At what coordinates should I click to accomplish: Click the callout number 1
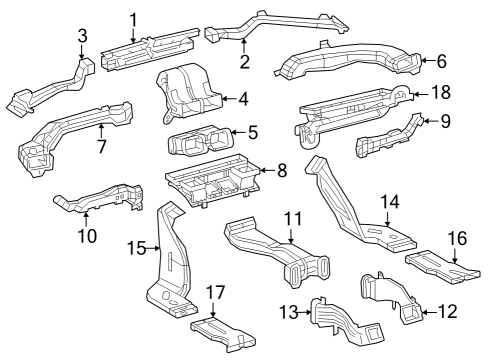click(x=133, y=17)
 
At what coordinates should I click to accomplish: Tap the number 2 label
click(x=244, y=61)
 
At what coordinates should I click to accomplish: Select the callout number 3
click(x=83, y=36)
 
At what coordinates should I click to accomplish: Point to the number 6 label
click(x=441, y=61)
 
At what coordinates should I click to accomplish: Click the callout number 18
click(x=440, y=92)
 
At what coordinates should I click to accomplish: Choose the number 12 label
click(x=447, y=312)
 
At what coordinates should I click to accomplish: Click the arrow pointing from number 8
click(x=262, y=171)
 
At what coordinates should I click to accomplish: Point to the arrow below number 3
click(x=83, y=52)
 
